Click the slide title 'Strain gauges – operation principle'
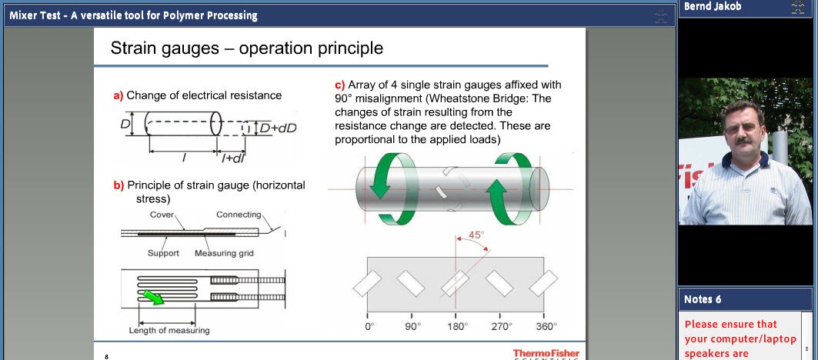(246, 48)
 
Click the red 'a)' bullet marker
(118, 96)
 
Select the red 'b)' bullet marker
(118, 185)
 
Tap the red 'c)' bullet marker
(339, 85)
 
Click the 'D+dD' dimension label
(277, 128)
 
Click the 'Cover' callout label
(162, 215)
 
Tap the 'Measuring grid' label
(224, 253)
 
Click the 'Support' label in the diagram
(163, 253)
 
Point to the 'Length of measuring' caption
(169, 331)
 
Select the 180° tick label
(458, 327)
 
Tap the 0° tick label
(369, 327)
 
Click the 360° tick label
(546, 327)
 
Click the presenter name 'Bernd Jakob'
(711, 7)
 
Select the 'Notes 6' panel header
(703, 299)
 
